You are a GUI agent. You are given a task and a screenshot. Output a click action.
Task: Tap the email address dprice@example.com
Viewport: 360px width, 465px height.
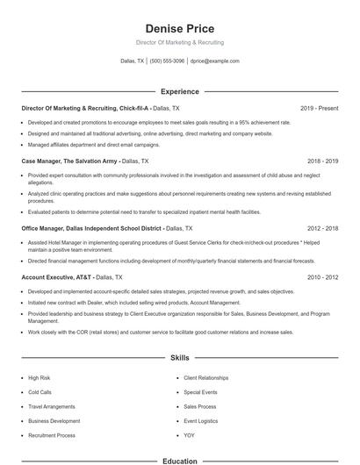(214, 61)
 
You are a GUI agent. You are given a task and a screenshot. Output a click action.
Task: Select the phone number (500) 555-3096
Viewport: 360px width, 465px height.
(167, 61)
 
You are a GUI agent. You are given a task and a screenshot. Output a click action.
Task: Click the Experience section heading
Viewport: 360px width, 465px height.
(179, 91)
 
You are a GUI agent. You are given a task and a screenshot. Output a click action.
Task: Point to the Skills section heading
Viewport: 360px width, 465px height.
(179, 358)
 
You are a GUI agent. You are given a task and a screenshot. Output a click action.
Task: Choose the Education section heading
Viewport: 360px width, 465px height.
(179, 461)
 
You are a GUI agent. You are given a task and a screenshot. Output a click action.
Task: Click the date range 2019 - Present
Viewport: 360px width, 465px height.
(319, 108)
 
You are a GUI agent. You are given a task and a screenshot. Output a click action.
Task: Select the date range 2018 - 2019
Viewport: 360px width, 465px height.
(322, 161)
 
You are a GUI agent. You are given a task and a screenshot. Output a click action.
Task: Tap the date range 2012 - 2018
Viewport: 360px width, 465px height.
(322, 227)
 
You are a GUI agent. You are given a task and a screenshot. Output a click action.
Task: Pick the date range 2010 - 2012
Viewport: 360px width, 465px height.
(322, 276)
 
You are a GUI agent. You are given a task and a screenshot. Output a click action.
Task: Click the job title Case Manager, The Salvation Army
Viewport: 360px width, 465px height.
(68, 161)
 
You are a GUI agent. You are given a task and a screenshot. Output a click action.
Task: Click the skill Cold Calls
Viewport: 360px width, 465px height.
(40, 392)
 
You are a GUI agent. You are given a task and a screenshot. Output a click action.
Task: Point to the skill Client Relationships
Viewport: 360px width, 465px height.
(206, 377)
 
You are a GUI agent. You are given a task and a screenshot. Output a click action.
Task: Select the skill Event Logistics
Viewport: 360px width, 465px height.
(201, 421)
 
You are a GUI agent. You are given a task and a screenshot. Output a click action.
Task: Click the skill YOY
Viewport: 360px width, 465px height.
(189, 435)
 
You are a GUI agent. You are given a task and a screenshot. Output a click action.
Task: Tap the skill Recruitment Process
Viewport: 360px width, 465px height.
(52, 435)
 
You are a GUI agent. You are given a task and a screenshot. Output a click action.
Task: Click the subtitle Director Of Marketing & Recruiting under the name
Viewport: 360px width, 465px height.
(179, 42)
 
